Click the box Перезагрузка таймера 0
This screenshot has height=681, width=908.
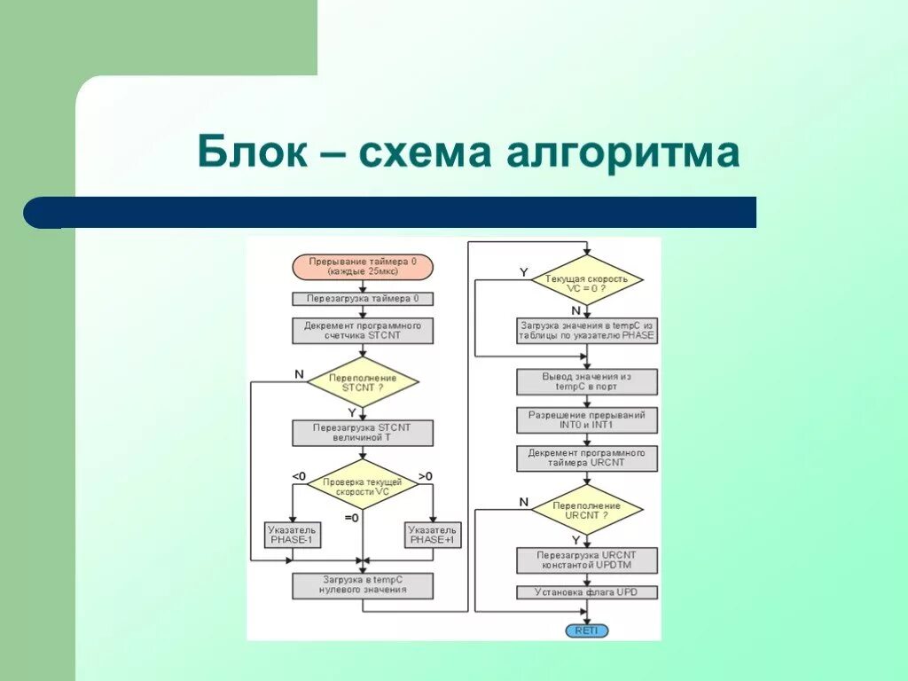(362, 299)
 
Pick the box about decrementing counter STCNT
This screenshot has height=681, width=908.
(362, 331)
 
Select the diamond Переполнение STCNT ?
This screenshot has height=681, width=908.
(362, 383)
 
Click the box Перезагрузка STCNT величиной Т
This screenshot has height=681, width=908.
(362, 432)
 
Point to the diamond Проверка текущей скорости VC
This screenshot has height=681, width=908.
(362, 484)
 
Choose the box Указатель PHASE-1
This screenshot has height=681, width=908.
(293, 535)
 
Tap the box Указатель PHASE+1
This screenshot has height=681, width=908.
(432, 535)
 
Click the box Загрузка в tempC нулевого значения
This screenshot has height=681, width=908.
(362, 584)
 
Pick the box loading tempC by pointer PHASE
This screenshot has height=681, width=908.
(586, 331)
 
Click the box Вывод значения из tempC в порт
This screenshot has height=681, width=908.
(586, 381)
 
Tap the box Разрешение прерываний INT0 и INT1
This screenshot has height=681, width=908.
(586, 420)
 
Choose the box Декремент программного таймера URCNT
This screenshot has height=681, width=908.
(586, 458)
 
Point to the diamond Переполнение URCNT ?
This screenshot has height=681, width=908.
(586, 510)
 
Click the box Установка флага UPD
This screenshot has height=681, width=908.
(586, 591)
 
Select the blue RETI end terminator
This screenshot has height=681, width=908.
(586, 630)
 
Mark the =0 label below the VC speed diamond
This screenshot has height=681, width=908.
(351, 518)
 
